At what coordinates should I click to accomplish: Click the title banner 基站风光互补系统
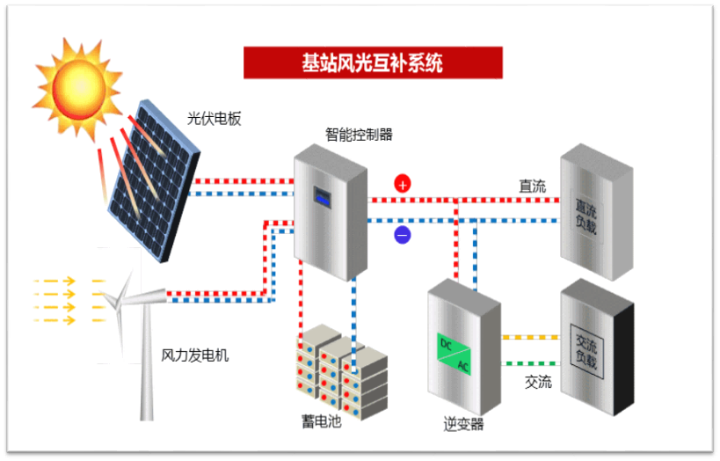coord(373,62)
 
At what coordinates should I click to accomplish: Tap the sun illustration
coord(78,87)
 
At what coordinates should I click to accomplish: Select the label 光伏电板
coord(214,119)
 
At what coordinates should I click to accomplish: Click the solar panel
coord(154,180)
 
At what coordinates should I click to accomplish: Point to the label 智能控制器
coord(359,135)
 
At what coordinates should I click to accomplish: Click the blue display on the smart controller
coord(323,197)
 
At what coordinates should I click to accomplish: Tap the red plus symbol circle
coord(403,184)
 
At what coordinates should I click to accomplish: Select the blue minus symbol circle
coord(403,235)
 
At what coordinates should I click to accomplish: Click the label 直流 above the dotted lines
coord(533,187)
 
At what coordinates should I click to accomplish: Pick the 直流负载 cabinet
coord(596,211)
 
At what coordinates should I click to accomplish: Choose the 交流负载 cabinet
coord(597,347)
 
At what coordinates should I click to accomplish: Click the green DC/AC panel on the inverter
coord(455,354)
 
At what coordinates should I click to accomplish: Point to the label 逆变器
coord(464,423)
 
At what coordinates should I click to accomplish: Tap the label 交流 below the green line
coord(538,382)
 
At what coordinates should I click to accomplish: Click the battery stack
coord(342,371)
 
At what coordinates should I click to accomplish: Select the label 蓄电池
coord(322,421)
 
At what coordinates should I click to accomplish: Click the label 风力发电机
coord(194,355)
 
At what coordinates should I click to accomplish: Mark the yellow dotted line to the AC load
coord(530,337)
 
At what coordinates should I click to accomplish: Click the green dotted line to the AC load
coord(530,363)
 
